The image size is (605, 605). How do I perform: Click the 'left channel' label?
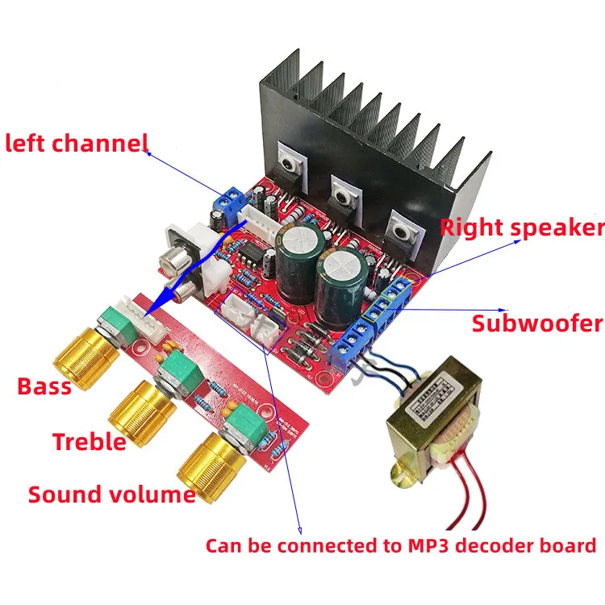pos(77,144)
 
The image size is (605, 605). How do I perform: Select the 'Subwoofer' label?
pos(537,323)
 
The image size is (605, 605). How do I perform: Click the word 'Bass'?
pos(44,386)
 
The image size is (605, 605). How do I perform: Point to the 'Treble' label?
pos(89,441)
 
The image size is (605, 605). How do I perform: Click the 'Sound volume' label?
pos(111,494)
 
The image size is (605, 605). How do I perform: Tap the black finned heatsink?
pos(371,121)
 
